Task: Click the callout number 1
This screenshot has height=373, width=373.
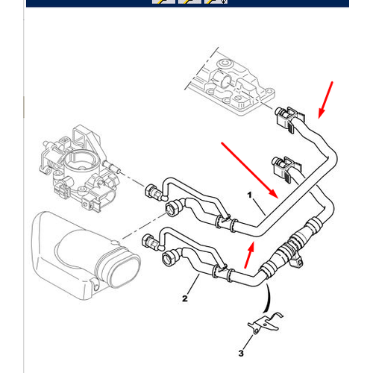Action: (x=250, y=195)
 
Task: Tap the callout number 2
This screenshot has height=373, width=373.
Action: (x=185, y=298)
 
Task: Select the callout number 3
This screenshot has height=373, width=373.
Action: (x=241, y=353)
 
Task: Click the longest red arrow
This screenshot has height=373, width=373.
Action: (x=250, y=170)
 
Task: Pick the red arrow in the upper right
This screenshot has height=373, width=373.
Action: (x=325, y=100)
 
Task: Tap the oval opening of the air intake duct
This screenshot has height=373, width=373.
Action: (x=124, y=270)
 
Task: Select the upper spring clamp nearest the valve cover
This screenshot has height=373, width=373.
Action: (x=289, y=119)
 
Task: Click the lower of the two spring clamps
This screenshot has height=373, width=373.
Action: (x=286, y=169)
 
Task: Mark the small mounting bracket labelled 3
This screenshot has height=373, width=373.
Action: (x=266, y=322)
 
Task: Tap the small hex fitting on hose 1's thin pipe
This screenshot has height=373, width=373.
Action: (x=151, y=192)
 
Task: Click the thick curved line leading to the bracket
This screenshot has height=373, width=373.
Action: (x=268, y=298)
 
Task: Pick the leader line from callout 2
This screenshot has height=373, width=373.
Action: (x=193, y=284)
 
